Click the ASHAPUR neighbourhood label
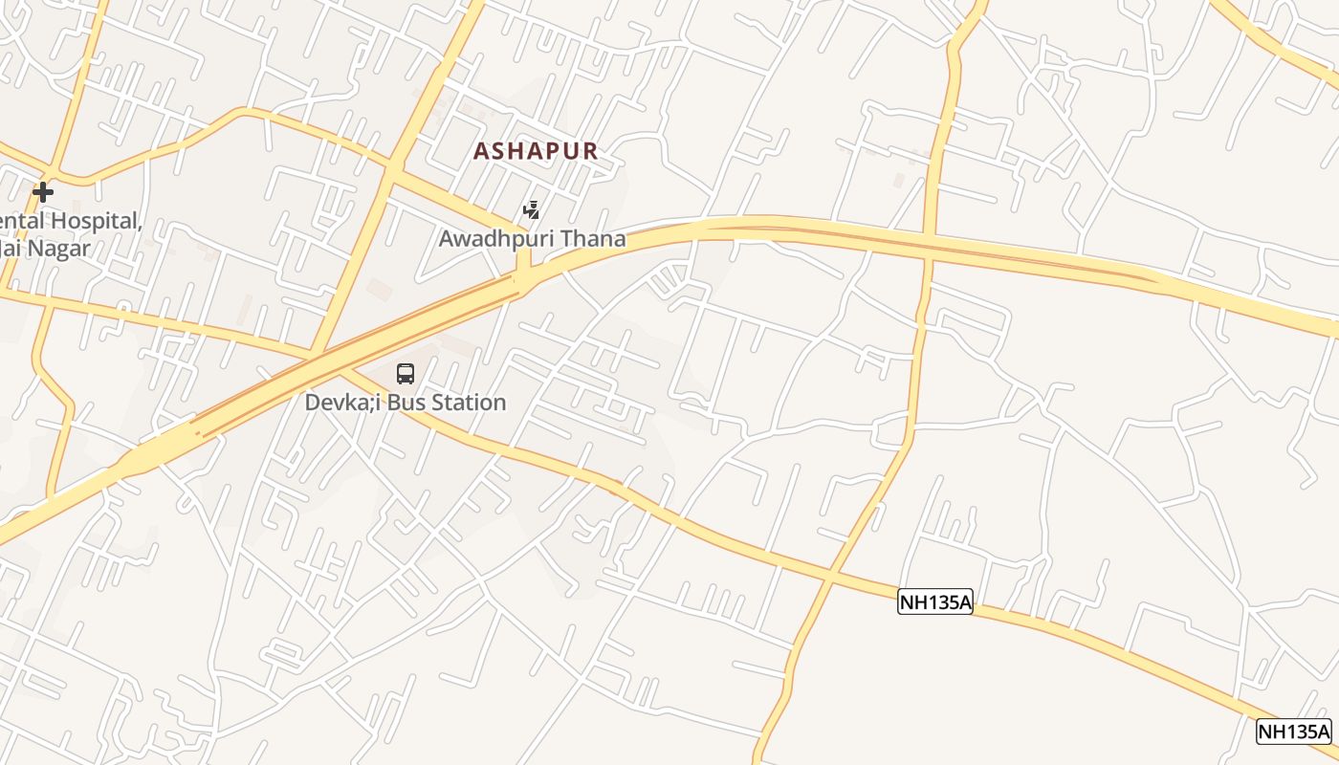point(536,151)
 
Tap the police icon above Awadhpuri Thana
point(532,209)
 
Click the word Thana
point(595,239)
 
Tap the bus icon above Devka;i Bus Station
point(406,374)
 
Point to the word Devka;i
point(340,403)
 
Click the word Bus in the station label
point(401,403)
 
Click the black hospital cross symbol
point(42,192)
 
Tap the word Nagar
point(57,249)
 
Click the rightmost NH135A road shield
point(1293,732)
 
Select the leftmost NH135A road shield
point(934,601)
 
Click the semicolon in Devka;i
point(366,403)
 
